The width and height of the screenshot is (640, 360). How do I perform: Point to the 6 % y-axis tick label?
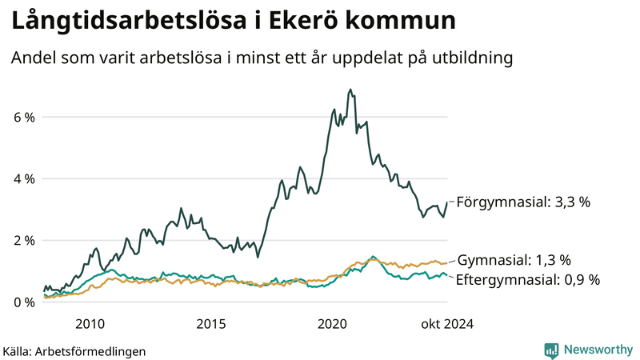pyautogui.click(x=24, y=118)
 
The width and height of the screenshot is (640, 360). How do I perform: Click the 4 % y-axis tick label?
pyautogui.click(x=24, y=179)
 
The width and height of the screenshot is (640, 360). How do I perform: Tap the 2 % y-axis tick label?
pyautogui.click(x=24, y=241)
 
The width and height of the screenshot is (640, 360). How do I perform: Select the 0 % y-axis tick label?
pyautogui.click(x=24, y=302)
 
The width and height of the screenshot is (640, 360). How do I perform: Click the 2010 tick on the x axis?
pyautogui.click(x=90, y=324)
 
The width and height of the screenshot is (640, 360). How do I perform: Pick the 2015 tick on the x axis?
pyautogui.click(x=211, y=324)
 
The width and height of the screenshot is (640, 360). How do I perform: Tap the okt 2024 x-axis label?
pyautogui.click(x=446, y=324)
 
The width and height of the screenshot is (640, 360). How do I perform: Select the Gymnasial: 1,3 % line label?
pyautogui.click(x=514, y=260)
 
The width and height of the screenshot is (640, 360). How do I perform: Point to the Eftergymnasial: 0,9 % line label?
pyautogui.click(x=528, y=279)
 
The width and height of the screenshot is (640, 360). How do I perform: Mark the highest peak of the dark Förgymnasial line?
pyautogui.click(x=350, y=90)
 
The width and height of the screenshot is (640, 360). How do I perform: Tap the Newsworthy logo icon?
pyautogui.click(x=551, y=350)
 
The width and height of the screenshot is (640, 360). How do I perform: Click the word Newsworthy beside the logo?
pyautogui.click(x=597, y=350)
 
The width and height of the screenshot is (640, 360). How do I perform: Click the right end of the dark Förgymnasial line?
pyautogui.click(x=446, y=202)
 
